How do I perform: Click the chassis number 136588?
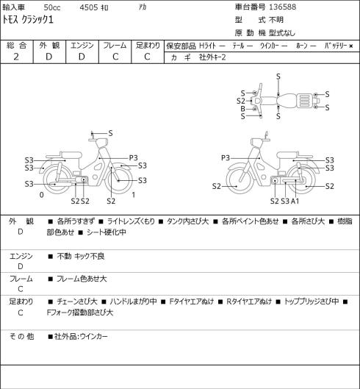pos(282,7)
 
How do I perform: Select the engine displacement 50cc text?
pos(52,7)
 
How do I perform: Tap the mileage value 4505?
pos(89,7)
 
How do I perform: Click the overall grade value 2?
pos(16,57)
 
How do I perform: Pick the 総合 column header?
pos(16,46)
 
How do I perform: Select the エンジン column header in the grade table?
pos(82,46)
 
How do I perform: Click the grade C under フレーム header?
pos(115,57)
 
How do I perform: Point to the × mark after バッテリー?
pos(351,46)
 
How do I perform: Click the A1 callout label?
pos(295,201)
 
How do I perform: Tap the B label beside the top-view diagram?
pos(242,109)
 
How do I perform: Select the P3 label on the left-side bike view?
pos(134,158)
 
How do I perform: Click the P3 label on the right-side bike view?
pos(226,158)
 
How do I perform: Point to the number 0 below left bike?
pos(42,195)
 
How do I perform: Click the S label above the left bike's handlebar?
pos(111,134)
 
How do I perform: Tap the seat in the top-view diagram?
pos(287,101)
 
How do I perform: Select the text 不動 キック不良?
pos(81,257)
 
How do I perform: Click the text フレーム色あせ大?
pos(82,279)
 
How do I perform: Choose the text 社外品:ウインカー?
pos(81,337)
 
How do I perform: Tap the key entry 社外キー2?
pos(212,57)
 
